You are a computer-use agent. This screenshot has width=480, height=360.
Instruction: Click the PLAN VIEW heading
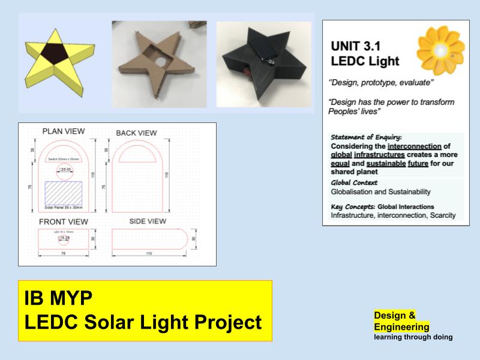tap(64, 131)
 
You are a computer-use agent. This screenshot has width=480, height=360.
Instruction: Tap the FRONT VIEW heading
tap(64, 221)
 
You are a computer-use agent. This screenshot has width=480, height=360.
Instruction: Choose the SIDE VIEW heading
tap(148, 221)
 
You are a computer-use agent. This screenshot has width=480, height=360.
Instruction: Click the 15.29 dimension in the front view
tap(65, 238)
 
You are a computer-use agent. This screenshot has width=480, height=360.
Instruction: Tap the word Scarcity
tap(440, 215)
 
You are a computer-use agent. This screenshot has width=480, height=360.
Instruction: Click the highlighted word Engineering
tap(401, 326)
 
